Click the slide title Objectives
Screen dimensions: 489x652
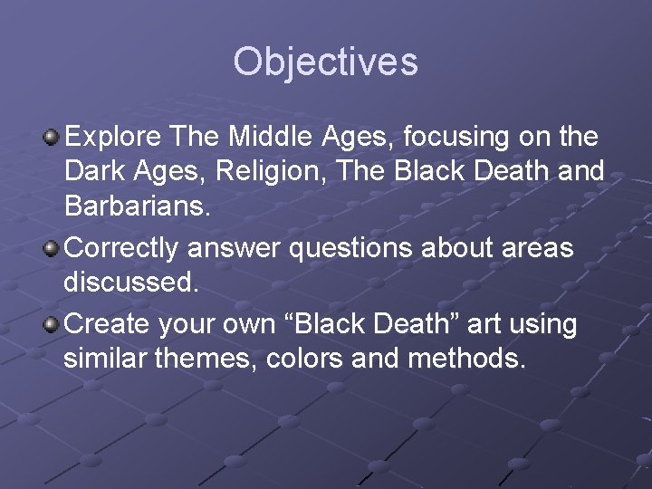[325, 62]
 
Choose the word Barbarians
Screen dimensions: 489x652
[137, 206]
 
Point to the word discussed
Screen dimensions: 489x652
[129, 282]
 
